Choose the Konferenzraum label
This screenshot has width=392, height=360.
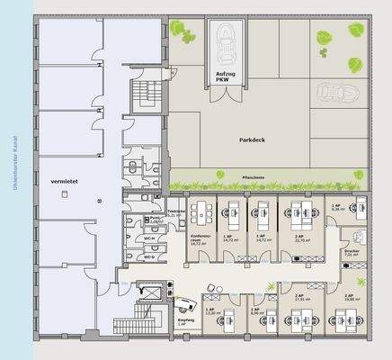(x=200, y=239)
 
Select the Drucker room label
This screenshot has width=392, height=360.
(x=352, y=253)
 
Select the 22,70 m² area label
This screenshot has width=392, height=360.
(x=300, y=239)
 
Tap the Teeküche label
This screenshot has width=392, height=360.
(x=175, y=213)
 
